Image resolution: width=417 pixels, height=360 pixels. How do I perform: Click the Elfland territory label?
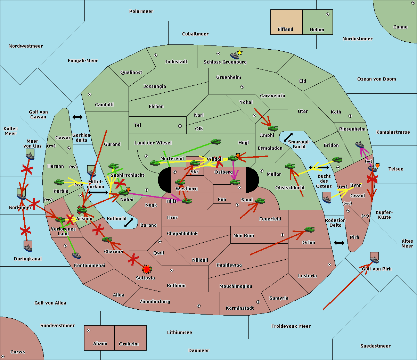click(285, 30)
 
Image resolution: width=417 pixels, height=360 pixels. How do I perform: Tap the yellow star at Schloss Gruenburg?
click(239, 52)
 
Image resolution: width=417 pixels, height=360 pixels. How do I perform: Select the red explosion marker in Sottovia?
click(147, 269)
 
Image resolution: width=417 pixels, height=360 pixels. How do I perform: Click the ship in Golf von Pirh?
click(374, 259)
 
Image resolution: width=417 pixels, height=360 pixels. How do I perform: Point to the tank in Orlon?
click(309, 229)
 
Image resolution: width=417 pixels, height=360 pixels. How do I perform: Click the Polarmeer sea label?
click(141, 11)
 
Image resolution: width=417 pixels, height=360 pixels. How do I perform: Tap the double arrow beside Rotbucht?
click(129, 223)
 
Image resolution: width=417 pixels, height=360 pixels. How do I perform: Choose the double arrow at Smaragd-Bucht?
click(288, 137)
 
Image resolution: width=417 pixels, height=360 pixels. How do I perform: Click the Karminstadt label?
click(240, 308)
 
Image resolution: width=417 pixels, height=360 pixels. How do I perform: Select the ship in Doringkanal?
click(28, 248)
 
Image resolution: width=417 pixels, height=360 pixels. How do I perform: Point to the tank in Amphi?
click(273, 128)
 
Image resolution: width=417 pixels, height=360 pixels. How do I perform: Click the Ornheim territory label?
click(129, 344)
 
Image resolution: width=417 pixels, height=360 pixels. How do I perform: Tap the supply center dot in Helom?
click(327, 14)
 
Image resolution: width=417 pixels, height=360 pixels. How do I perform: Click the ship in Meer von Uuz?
click(30, 156)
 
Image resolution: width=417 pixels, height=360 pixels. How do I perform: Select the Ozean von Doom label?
click(377, 79)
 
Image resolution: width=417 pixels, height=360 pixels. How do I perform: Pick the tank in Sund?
click(260, 201)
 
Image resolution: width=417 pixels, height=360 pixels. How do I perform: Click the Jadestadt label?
click(176, 62)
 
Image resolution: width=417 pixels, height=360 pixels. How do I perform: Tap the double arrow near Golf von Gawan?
click(77, 117)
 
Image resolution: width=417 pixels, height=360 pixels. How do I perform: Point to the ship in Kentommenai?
click(76, 256)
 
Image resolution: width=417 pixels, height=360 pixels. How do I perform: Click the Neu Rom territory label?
click(244, 236)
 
